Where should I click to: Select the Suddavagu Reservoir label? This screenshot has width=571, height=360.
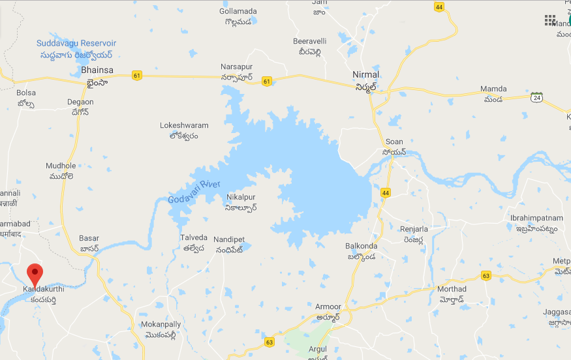click(x=76, y=43)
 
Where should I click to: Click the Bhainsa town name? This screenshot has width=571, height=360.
click(x=97, y=70)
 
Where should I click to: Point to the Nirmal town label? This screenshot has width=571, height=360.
click(x=365, y=74)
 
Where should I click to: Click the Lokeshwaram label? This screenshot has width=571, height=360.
click(x=184, y=125)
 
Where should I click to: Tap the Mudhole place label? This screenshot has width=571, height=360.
click(x=61, y=166)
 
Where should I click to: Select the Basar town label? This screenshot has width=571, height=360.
click(x=89, y=239)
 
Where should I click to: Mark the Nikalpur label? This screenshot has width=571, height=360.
click(x=241, y=197)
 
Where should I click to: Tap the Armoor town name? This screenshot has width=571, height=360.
click(x=328, y=307)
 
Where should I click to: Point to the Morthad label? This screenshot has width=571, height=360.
click(x=452, y=289)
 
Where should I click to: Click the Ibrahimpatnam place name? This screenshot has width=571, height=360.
click(x=534, y=218)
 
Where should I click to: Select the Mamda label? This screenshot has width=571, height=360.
click(x=493, y=89)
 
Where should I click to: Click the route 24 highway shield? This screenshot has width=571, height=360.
click(x=536, y=97)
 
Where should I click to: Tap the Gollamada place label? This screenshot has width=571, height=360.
click(x=238, y=12)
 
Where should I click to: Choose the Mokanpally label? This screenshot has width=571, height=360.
click(x=161, y=324)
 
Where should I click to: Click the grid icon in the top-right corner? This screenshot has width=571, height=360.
click(x=550, y=20)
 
